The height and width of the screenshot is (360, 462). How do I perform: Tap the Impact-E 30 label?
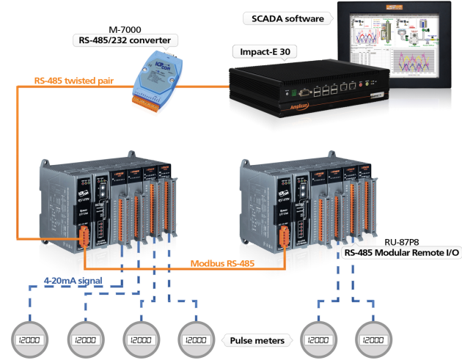pos(263,51)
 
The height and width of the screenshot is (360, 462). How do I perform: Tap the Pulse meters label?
pos(257,340)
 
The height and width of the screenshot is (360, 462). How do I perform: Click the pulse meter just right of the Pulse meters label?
pos(318,340)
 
